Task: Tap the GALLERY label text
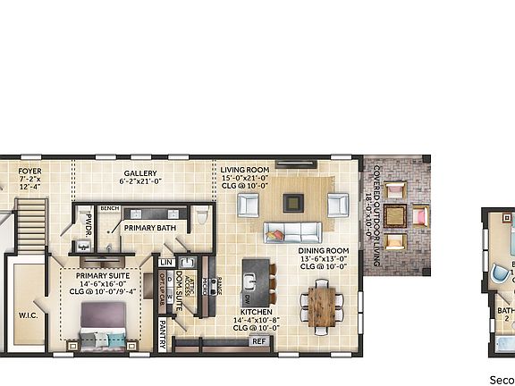tap(140, 173)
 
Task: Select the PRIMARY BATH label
tap(151, 228)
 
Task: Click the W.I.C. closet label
tap(28, 315)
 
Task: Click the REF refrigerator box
tap(259, 340)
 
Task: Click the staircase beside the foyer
tap(31, 223)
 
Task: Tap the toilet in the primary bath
tap(202, 217)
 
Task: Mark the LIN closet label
tap(166, 261)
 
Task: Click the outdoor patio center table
tap(419, 215)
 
